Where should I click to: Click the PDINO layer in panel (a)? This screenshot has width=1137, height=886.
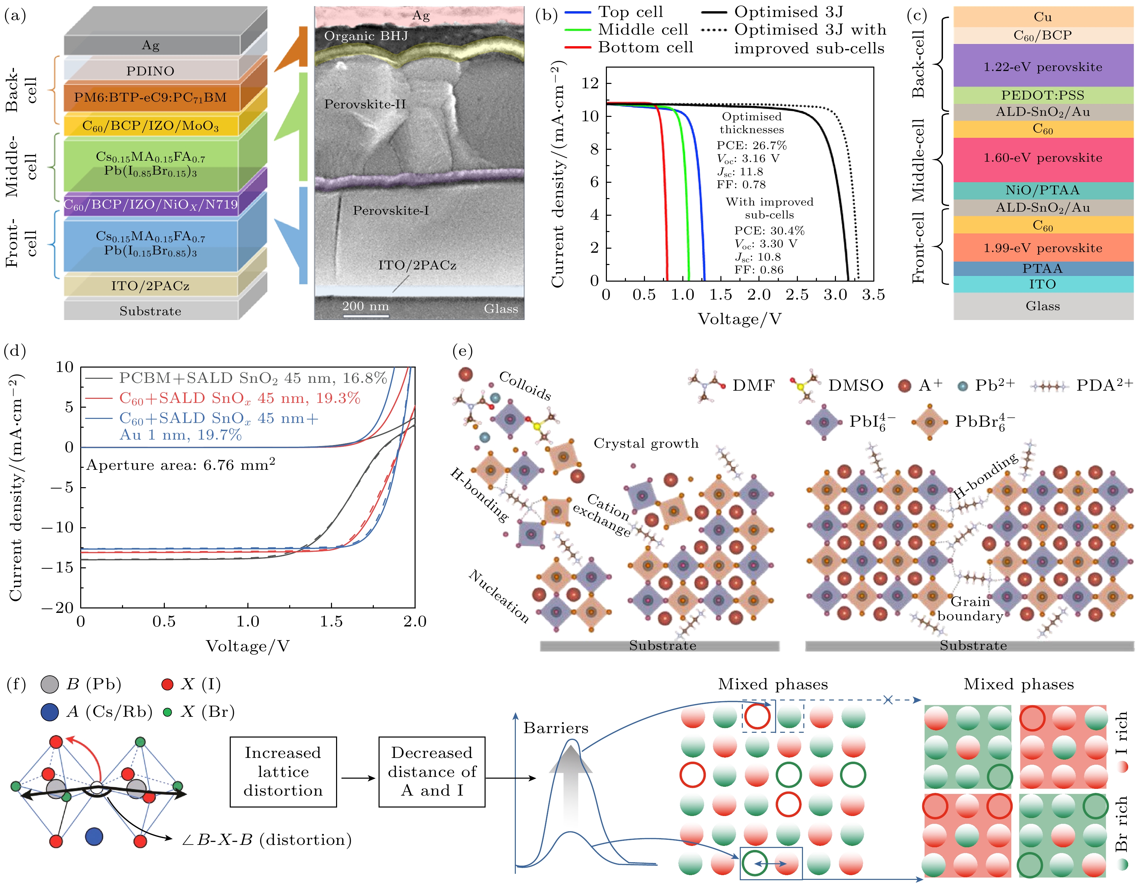[x=151, y=71]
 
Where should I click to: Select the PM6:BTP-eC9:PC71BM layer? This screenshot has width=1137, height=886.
[x=151, y=98]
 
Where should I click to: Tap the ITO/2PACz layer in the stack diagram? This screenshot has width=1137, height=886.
[x=151, y=286]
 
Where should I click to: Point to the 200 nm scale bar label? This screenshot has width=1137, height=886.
[x=366, y=306]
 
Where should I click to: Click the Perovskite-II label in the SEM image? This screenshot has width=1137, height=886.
[x=365, y=104]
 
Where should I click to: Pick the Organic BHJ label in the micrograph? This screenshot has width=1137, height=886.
[x=366, y=36]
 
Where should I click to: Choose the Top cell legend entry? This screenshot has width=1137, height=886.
[x=630, y=12]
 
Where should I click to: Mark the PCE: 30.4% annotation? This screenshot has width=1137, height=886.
[x=769, y=231]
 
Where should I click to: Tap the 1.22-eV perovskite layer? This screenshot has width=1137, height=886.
[x=1043, y=67]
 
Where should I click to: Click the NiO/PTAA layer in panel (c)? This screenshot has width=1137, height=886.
[x=1043, y=190]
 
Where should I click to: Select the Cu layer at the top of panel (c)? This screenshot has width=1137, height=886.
[x=1043, y=17]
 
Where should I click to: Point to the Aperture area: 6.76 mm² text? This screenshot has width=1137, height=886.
[x=181, y=464]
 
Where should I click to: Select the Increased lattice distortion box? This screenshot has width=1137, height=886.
[x=283, y=772]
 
